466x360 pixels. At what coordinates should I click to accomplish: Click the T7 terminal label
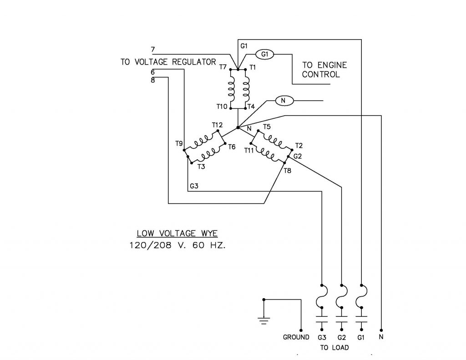tap(223, 67)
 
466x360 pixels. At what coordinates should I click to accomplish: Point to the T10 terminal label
tap(222, 106)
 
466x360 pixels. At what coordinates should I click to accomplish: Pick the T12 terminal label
tap(217, 125)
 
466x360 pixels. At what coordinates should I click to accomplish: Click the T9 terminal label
tap(179, 143)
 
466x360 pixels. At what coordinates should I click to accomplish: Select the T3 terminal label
tap(201, 167)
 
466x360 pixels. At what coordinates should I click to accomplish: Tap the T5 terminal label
tap(267, 127)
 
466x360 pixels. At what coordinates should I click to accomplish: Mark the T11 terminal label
tap(249, 150)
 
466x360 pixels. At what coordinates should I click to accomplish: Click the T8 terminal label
tap(287, 171)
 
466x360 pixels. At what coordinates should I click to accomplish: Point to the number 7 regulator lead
tap(152, 49)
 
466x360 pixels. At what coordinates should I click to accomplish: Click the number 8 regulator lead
tap(152, 81)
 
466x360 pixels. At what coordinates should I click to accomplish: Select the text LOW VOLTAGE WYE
tap(177, 234)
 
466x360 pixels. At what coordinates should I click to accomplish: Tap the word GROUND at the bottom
tap(296, 337)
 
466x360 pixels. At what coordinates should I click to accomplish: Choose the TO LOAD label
tap(334, 348)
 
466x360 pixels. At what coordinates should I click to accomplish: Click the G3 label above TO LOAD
tap(322, 337)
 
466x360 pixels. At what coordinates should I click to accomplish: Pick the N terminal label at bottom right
tap(381, 337)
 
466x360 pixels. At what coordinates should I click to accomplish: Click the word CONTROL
tap(321, 75)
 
